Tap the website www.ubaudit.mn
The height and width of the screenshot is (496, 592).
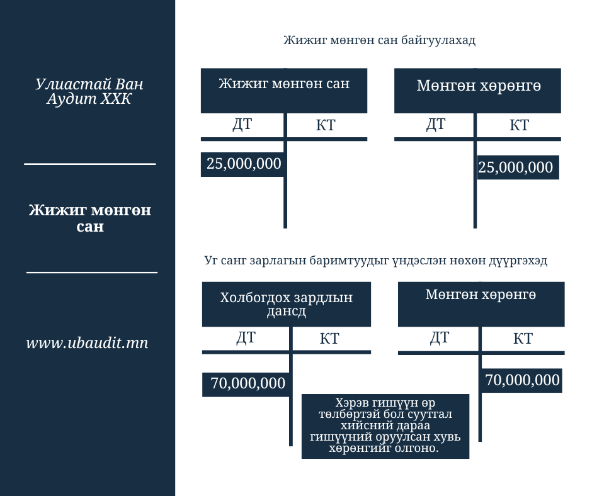88,343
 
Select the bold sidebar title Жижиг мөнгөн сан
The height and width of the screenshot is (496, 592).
89,218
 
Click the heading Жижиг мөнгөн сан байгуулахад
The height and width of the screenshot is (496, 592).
379,41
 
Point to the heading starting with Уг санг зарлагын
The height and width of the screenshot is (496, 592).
376,261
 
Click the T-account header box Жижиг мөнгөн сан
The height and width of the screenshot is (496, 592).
284,90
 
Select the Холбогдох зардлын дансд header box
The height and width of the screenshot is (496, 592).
287,304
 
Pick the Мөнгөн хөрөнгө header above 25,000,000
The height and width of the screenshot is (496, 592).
478,90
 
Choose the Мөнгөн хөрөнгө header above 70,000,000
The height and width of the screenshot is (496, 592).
481,304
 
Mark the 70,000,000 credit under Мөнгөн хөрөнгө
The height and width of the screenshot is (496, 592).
523,380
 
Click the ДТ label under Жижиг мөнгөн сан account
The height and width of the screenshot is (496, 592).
242,125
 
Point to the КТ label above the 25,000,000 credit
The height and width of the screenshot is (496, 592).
519,125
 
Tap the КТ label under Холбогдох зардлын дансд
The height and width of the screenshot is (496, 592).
329,339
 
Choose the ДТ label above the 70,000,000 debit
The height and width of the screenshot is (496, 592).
246,338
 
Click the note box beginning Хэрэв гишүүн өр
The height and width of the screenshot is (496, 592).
385,426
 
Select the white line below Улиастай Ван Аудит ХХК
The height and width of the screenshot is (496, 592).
90,164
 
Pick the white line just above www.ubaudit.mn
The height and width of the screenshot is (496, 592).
92,273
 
